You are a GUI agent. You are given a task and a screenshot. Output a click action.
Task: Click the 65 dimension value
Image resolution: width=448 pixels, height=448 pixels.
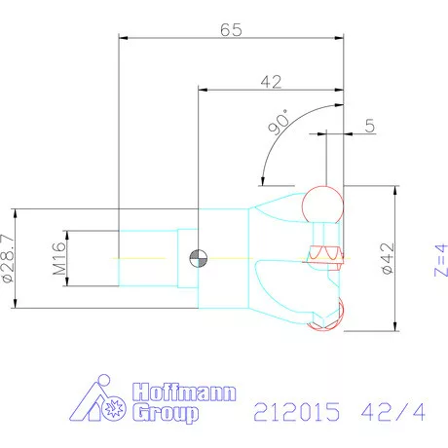click(x=230, y=29)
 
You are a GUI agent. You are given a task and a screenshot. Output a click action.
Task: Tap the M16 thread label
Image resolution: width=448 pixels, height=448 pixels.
click(x=58, y=258)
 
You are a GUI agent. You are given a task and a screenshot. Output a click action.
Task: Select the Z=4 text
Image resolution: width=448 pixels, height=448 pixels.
click(x=439, y=259)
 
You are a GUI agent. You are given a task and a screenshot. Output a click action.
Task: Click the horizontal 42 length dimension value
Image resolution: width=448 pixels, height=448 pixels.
click(x=270, y=82)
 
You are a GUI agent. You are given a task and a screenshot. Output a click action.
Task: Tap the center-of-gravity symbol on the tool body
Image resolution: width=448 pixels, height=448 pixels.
click(x=198, y=258)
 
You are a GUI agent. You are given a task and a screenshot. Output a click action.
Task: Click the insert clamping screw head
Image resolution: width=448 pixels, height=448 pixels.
click(x=324, y=256)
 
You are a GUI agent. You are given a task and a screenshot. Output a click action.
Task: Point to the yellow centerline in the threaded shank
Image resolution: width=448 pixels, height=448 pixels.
click(x=146, y=257)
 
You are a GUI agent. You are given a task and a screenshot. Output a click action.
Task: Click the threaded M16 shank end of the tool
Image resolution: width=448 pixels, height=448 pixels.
click(x=146, y=257)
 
